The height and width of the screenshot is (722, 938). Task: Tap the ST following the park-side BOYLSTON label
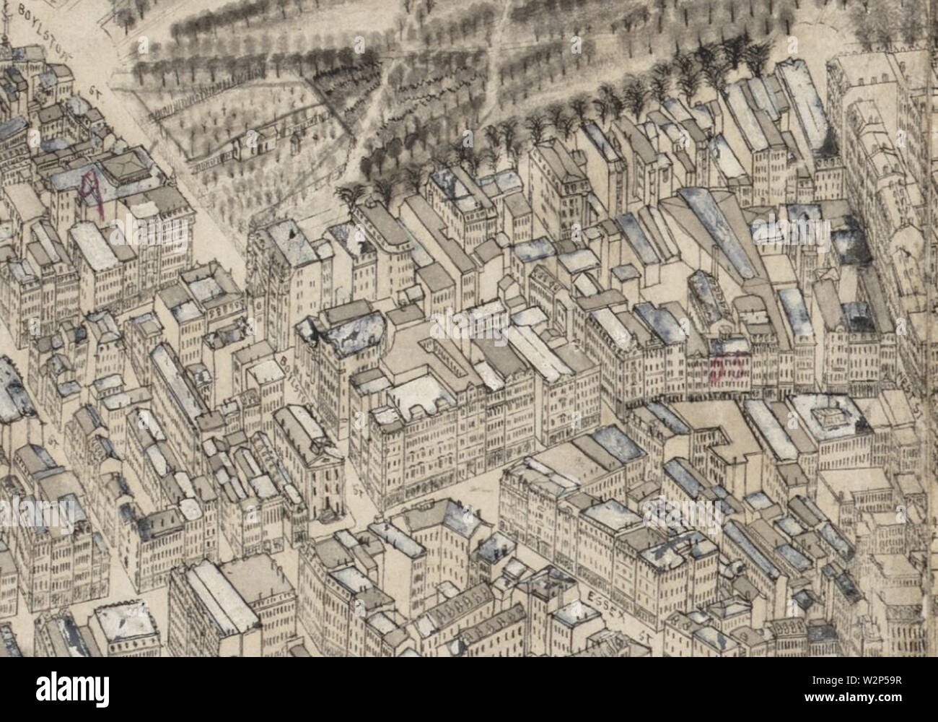click(x=97, y=93)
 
